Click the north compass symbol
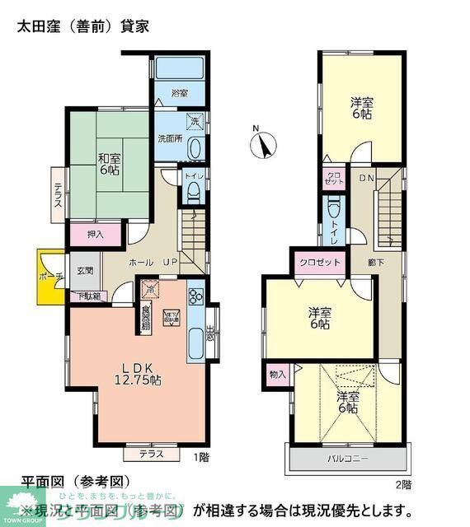[264, 145]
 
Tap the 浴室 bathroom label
[180, 91]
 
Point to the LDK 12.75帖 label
[137, 374]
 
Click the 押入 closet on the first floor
[95, 234]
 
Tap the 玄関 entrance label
[86, 270]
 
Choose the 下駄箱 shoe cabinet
[89, 296]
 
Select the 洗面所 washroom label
[171, 138]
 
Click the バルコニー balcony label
[346, 458]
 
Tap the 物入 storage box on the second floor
[277, 374]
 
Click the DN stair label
[366, 177]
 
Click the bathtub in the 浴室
[180, 69]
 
